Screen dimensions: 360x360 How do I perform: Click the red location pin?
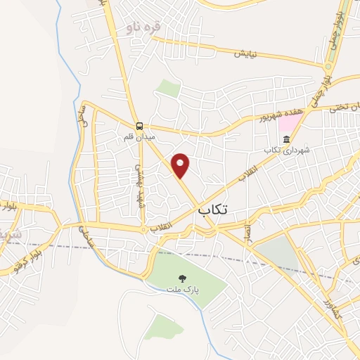[x=181, y=165]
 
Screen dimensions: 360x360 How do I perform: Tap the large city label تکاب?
[x=214, y=210]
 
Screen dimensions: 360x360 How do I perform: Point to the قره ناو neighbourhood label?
[x=143, y=27]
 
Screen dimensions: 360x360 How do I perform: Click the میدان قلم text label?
[x=139, y=136]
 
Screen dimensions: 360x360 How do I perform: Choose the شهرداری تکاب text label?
[x=286, y=151]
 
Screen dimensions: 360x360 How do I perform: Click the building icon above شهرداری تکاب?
[x=286, y=141]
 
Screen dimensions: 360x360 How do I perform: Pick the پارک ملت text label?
[x=183, y=289]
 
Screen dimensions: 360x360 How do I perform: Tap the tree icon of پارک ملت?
[x=183, y=278]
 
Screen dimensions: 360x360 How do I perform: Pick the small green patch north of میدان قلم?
[x=168, y=88]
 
